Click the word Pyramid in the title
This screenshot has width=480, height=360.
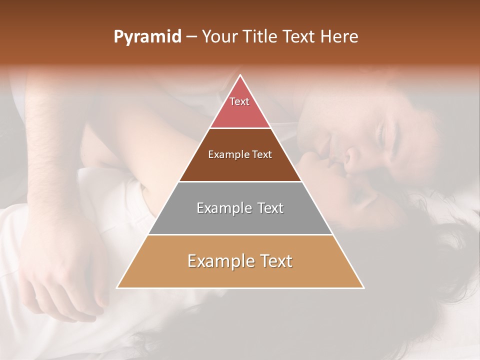[x=147, y=37]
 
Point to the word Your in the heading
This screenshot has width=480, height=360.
[x=218, y=37]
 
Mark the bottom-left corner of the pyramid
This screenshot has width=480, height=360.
[x=117, y=288]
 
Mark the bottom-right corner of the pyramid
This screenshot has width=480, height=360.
[x=363, y=288]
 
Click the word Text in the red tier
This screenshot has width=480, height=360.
[x=239, y=101]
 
